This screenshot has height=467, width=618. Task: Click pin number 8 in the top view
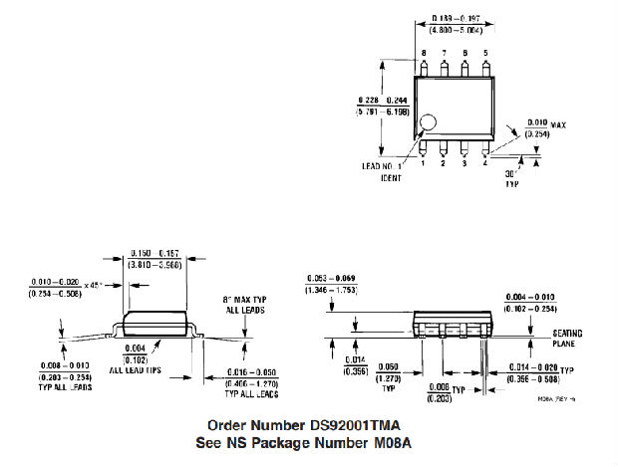[x=423, y=52]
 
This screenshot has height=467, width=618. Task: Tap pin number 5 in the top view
[x=485, y=52]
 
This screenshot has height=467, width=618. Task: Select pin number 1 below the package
[x=423, y=163]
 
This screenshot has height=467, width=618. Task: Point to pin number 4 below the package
[x=485, y=163]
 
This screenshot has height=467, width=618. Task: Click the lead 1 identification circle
[x=427, y=124]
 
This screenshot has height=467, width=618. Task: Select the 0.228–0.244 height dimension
[x=380, y=107]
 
